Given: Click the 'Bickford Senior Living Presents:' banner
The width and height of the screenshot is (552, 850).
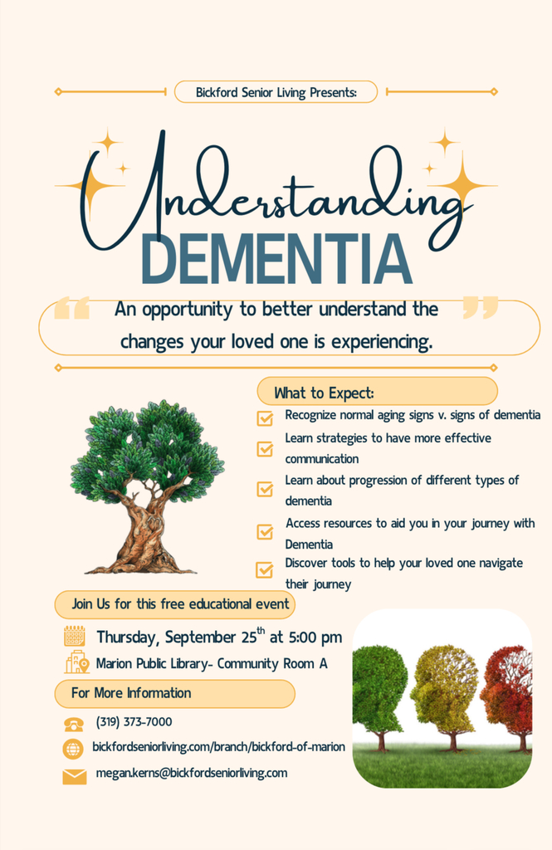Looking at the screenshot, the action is [x=276, y=92].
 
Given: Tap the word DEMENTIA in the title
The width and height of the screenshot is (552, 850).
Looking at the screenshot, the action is [x=276, y=259].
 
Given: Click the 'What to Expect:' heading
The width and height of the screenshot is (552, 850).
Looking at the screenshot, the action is [x=324, y=393].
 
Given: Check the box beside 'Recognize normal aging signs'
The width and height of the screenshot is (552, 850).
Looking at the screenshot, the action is [x=265, y=418].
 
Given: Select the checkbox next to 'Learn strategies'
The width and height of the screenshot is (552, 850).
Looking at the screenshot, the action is [x=265, y=449].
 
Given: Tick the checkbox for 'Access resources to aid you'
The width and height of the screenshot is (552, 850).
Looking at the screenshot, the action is [x=265, y=532].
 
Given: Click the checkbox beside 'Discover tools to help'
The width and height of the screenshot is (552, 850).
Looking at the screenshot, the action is [x=265, y=569].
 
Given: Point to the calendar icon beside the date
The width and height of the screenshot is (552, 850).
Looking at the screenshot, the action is [x=74, y=637].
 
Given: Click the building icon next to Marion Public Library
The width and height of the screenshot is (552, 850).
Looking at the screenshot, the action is [x=76, y=662].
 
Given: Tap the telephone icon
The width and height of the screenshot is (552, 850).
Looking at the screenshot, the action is [x=74, y=724].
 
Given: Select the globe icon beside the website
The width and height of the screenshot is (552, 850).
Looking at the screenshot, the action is [x=73, y=749].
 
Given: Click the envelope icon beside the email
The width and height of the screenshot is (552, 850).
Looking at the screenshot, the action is [x=74, y=777].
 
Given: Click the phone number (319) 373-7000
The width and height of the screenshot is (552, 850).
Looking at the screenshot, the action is [x=134, y=722].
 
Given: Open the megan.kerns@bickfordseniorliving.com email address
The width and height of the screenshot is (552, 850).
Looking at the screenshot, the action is [x=192, y=773].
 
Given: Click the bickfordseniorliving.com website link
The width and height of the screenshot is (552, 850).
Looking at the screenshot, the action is [x=218, y=747].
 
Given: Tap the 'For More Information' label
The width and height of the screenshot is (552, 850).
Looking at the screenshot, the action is [x=131, y=693].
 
